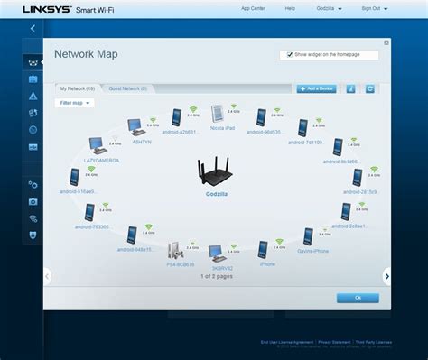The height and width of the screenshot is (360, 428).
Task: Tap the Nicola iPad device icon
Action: point(217,115)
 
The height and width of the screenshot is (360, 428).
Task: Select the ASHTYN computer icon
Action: point(135,127)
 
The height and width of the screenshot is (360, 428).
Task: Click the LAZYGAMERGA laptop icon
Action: point(98,145)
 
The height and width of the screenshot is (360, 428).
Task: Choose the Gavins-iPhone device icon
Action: point(308,236)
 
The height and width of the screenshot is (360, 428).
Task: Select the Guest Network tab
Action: point(128,88)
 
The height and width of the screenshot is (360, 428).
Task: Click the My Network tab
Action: point(77,88)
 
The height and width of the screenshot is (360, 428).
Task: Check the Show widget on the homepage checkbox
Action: point(289,54)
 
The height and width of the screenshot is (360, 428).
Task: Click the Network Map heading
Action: point(86,54)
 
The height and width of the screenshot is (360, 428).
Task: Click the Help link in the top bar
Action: point(290,8)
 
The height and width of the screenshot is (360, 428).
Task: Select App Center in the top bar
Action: point(253,8)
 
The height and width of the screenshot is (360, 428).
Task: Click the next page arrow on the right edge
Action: point(386,274)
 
